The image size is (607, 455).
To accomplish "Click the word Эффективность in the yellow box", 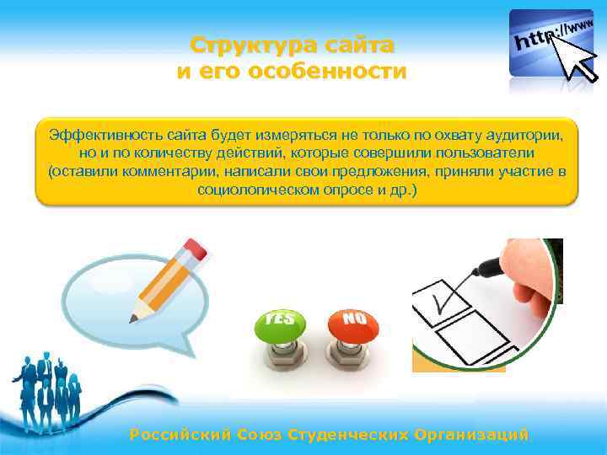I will click(99, 136).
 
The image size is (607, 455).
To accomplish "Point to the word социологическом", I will click(258, 190).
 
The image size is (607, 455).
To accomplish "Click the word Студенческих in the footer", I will click(349, 435).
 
